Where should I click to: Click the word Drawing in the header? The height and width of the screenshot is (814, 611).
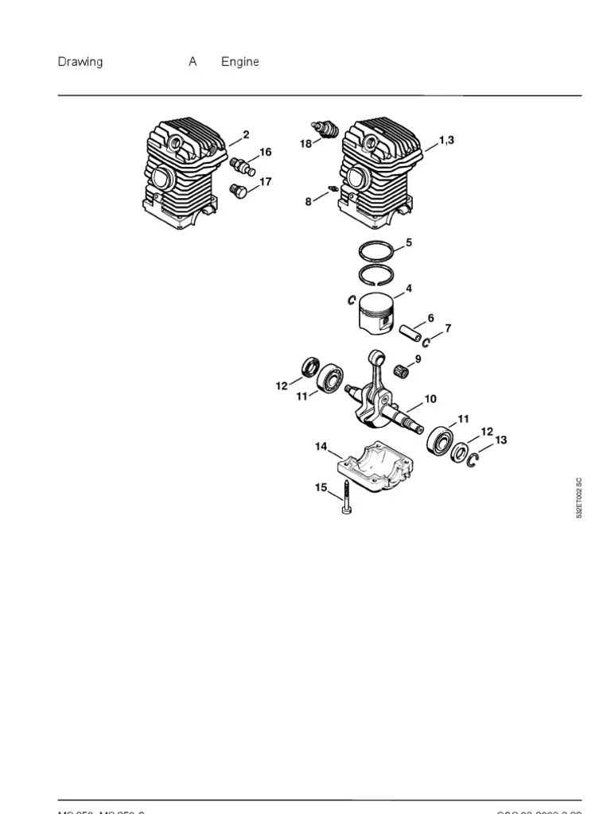[x=80, y=62]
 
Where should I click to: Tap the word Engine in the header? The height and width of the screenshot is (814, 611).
[x=239, y=62]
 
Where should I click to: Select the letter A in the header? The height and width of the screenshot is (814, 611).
[x=193, y=62]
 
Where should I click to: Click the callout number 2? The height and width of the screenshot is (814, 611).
[x=246, y=134]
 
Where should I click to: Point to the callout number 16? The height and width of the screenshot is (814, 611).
[x=265, y=152]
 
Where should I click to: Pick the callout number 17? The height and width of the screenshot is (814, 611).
[x=265, y=181]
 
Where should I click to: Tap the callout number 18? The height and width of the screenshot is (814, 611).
[x=305, y=144]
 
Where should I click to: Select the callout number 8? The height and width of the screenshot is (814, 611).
[x=308, y=202]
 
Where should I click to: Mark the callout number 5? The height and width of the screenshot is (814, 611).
[x=409, y=242]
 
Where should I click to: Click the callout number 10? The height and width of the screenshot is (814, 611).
[x=430, y=399]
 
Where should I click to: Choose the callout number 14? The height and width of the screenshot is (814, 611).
[x=321, y=448]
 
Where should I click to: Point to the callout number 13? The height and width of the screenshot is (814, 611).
[x=500, y=440]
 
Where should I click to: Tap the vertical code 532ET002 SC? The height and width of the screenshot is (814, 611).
[x=579, y=498]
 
